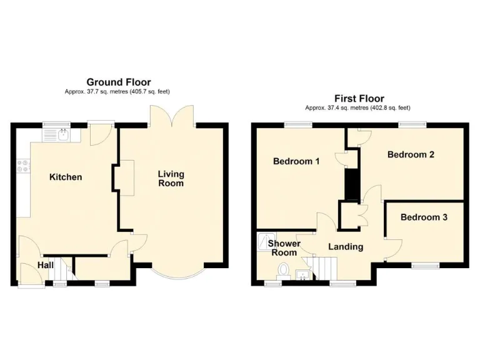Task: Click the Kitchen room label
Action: [x=66, y=177]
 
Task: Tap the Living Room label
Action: [x=171, y=179]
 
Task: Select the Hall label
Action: [x=45, y=265]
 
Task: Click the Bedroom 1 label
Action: [x=296, y=161]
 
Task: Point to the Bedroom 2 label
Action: [x=411, y=154]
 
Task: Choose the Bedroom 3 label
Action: [x=424, y=217]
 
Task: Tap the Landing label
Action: [x=346, y=246]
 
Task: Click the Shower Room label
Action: [x=284, y=248]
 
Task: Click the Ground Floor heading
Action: [x=118, y=82]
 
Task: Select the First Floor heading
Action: [x=359, y=98]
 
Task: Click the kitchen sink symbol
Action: [x=63, y=133]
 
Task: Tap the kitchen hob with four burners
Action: [x=22, y=166]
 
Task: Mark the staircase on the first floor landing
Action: [x=324, y=267]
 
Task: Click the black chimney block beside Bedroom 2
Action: [x=352, y=182]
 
